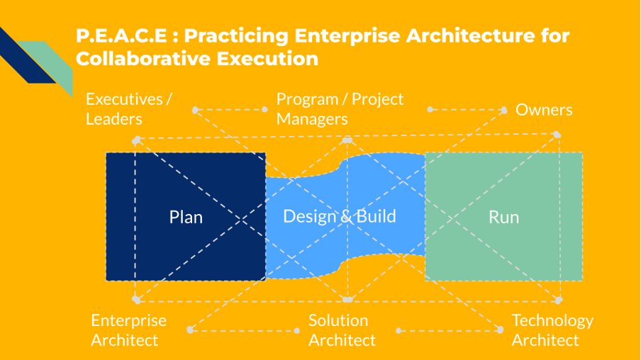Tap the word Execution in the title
(270, 59)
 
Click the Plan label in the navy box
(186, 217)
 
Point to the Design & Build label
(339, 216)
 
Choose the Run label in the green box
(503, 217)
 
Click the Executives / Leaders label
(128, 108)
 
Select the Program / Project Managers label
(340, 108)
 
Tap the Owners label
(544, 110)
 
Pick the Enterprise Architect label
(128, 330)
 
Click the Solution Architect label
(342, 330)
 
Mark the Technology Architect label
(552, 330)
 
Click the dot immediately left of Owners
(503, 110)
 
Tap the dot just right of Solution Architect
(399, 331)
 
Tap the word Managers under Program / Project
(312, 119)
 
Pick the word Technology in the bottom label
(552, 320)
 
